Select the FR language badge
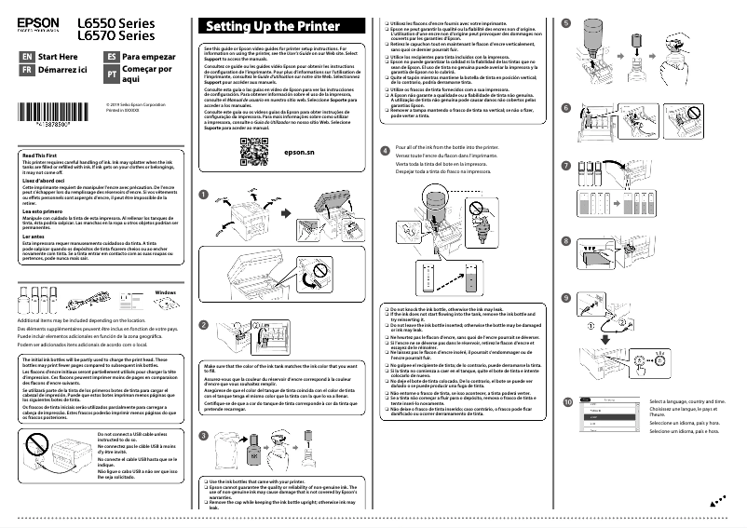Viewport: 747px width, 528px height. pyautogui.click(x=26, y=70)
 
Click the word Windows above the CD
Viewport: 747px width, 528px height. pyautogui.click(x=166, y=292)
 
